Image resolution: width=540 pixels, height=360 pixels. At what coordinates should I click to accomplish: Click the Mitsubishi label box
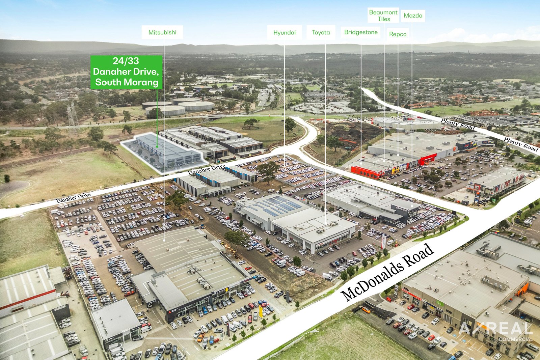162,32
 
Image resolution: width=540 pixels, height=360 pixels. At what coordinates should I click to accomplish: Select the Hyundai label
285,32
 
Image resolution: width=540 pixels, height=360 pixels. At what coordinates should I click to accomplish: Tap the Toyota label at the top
321,32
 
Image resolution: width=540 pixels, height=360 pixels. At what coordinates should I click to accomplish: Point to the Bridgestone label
361,32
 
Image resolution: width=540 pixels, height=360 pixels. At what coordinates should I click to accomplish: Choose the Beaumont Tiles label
383,16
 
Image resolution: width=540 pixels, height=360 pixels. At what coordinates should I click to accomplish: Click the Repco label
398,34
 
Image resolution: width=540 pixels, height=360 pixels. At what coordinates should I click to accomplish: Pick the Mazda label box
413,16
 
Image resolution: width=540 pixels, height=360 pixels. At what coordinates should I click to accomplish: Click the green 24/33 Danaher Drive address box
126,72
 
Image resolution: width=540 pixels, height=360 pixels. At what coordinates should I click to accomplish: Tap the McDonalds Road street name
387,272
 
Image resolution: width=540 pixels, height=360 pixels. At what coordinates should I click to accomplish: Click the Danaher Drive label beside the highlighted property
207,170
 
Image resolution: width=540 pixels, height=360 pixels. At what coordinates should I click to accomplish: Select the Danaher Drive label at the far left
73,198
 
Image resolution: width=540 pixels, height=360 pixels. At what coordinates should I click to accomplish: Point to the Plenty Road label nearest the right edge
521,144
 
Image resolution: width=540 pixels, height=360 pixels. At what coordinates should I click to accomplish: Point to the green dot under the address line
157,146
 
